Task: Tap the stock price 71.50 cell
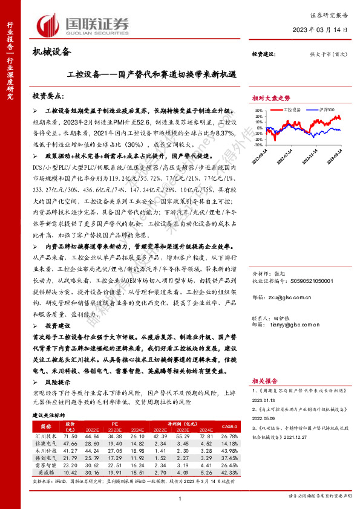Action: tap(70, 436)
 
